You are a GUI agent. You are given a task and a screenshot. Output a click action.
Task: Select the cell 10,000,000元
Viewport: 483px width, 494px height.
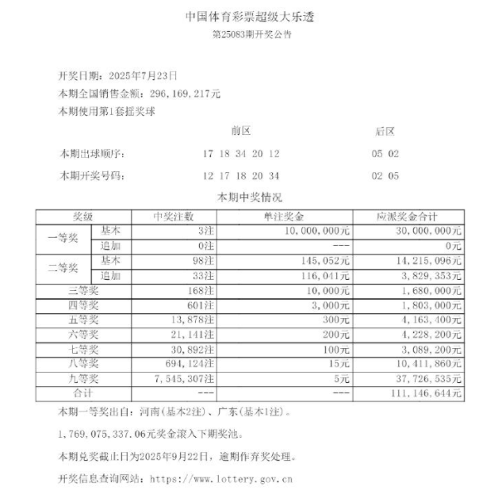[x=313, y=231]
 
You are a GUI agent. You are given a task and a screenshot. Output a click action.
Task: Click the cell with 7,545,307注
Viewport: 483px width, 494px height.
[x=179, y=379]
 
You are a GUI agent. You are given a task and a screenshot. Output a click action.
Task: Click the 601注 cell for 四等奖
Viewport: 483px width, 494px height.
[x=198, y=305]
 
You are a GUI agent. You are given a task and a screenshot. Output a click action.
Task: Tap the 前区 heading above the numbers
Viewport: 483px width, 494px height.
[x=240, y=131]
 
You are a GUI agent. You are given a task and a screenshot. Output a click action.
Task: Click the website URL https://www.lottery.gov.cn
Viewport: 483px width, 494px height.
[x=221, y=478]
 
